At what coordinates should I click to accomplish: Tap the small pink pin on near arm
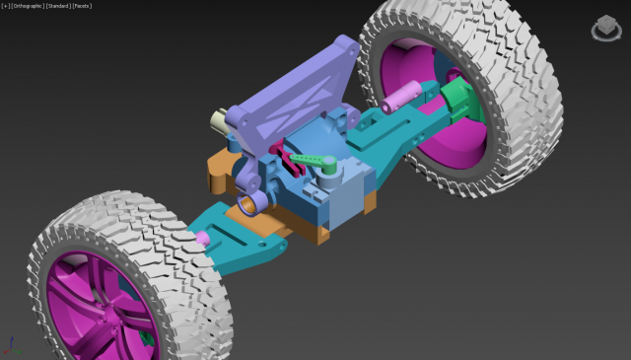click(203, 238)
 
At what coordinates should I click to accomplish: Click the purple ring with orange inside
click(251, 202)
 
